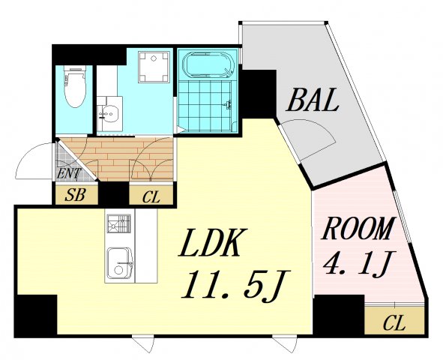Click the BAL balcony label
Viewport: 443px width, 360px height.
(x=313, y=100)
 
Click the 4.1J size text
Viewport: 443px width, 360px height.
(x=358, y=263)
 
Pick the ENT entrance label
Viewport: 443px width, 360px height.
(x=69, y=173)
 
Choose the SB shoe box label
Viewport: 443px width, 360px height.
(x=75, y=195)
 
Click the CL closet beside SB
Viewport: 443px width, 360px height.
(x=151, y=197)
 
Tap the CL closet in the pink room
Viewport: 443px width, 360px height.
(x=394, y=324)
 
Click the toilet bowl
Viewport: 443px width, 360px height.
(x=75, y=86)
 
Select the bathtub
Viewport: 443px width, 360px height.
(x=208, y=64)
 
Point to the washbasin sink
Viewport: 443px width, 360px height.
(x=109, y=114)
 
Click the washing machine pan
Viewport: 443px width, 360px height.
(x=154, y=67)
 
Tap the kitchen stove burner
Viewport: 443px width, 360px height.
(x=119, y=223)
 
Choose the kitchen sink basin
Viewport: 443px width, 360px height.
(x=120, y=262)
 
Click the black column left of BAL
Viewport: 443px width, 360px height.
(x=259, y=93)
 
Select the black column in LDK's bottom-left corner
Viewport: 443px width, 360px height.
(x=36, y=315)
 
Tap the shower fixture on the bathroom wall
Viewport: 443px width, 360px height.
(x=229, y=104)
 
